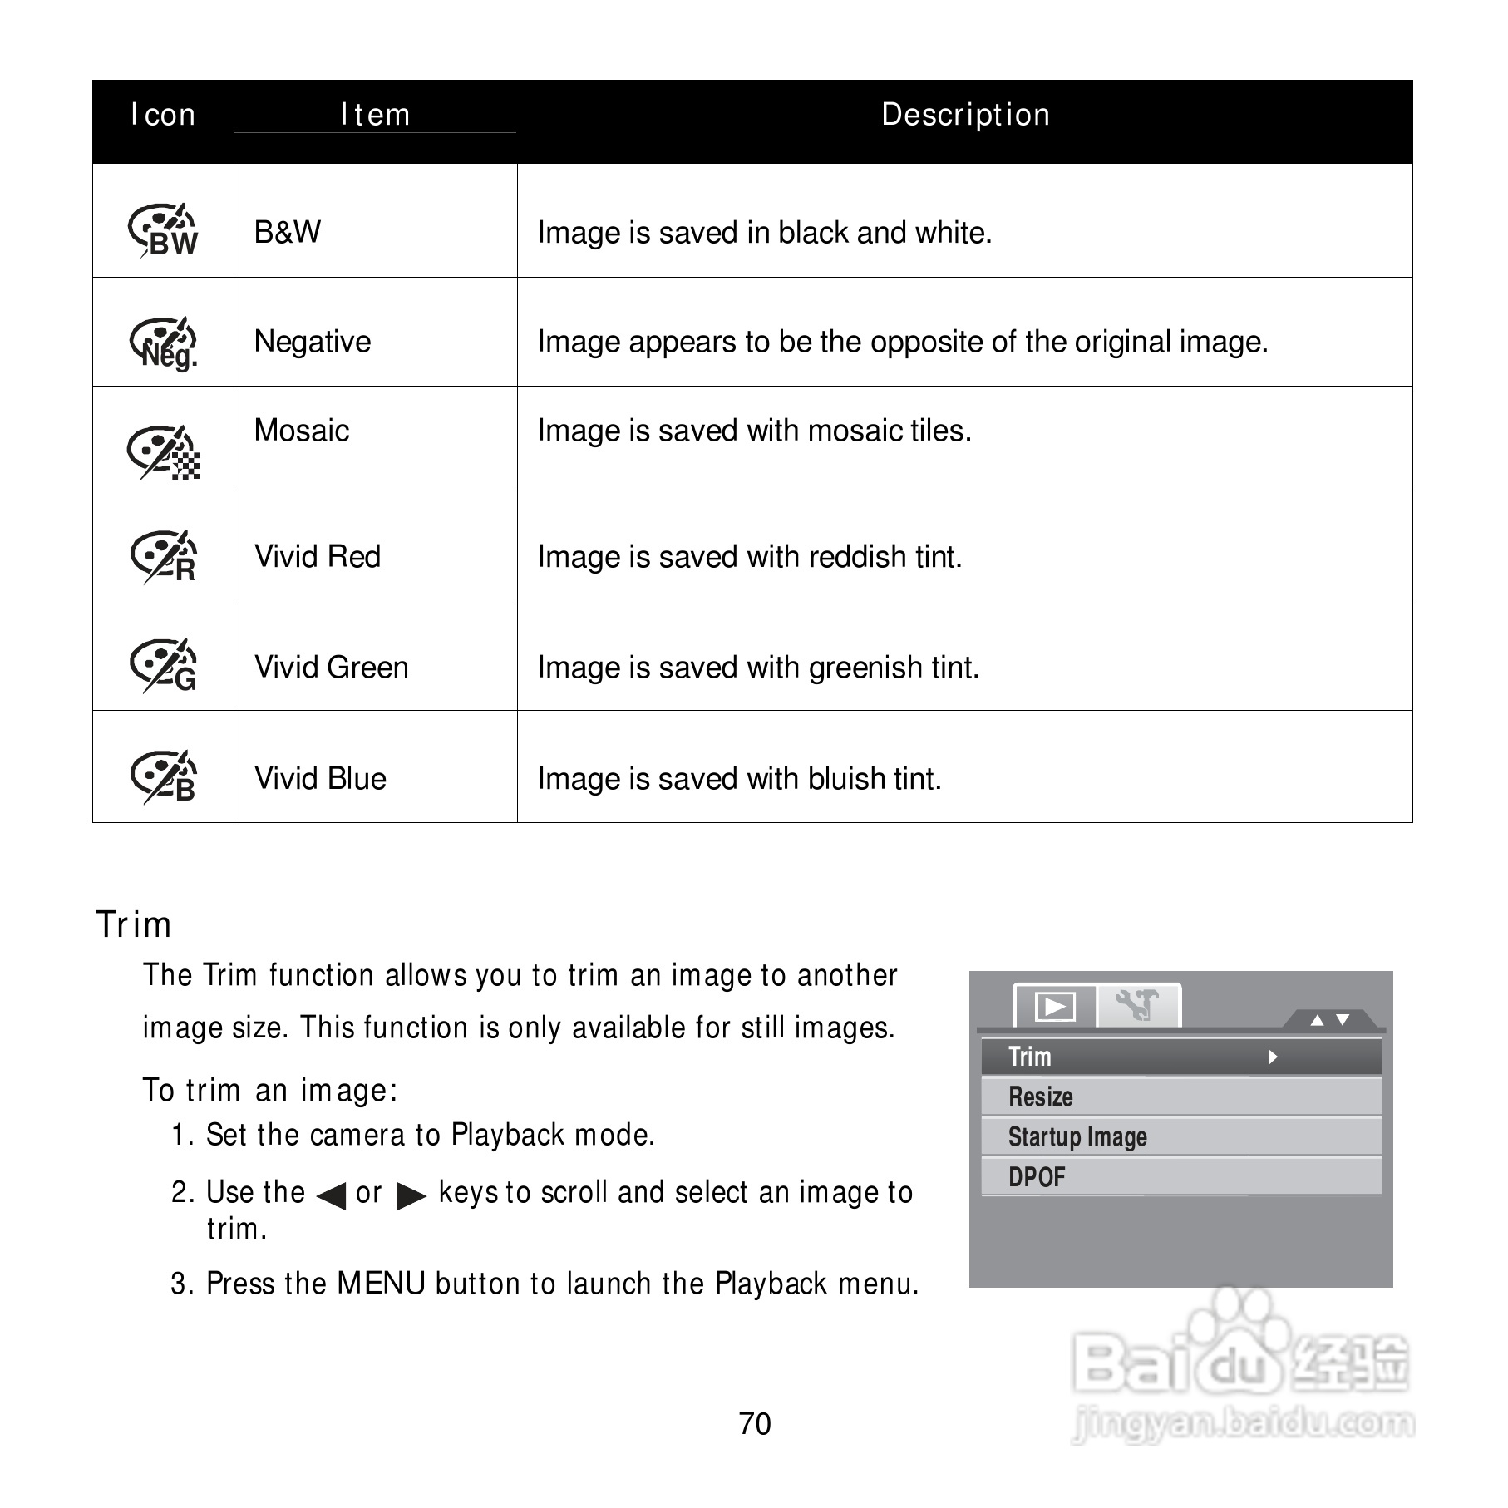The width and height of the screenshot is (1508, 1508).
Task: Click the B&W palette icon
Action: (x=163, y=229)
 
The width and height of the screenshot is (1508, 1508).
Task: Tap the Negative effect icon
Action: (x=163, y=342)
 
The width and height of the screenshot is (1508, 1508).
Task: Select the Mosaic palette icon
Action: (x=163, y=452)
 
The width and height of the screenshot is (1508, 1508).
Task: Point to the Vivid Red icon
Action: (x=163, y=556)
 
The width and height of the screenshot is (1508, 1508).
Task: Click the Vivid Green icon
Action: (x=163, y=665)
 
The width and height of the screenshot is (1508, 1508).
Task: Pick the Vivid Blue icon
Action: (x=163, y=776)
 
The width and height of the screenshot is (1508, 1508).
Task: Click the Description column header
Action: (x=965, y=115)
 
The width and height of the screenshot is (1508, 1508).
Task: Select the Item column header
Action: (x=375, y=115)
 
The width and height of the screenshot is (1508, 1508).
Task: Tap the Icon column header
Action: (x=163, y=115)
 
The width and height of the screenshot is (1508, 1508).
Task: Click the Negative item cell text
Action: (x=313, y=342)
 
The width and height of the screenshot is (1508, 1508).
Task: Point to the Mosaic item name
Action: (x=302, y=431)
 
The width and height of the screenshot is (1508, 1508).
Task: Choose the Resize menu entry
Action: (x=1040, y=1097)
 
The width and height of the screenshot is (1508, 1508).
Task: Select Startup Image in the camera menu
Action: (x=1077, y=1136)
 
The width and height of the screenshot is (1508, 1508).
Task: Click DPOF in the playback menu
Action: (x=1037, y=1177)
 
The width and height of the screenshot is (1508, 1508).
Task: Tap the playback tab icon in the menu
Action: (x=1055, y=1007)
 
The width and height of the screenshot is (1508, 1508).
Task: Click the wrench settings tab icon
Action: (x=1137, y=1005)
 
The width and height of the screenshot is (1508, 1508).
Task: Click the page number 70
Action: (x=754, y=1424)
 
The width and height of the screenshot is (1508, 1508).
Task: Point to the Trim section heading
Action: (x=134, y=924)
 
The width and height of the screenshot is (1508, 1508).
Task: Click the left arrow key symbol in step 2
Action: (x=331, y=1195)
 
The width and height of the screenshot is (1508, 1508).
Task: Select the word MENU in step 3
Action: (x=381, y=1284)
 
